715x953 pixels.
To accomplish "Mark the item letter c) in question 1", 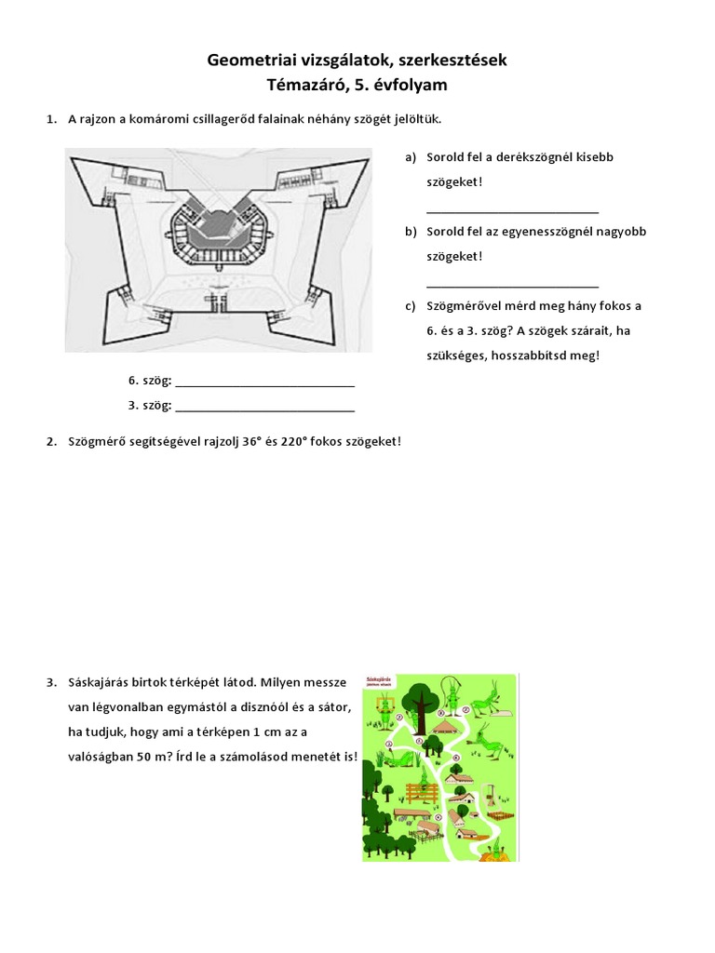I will pos(410,306).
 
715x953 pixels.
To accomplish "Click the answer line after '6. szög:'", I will pos(264,383).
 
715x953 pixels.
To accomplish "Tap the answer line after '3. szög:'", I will pos(264,408).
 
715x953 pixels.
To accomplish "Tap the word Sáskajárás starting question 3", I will pos(98,684).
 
